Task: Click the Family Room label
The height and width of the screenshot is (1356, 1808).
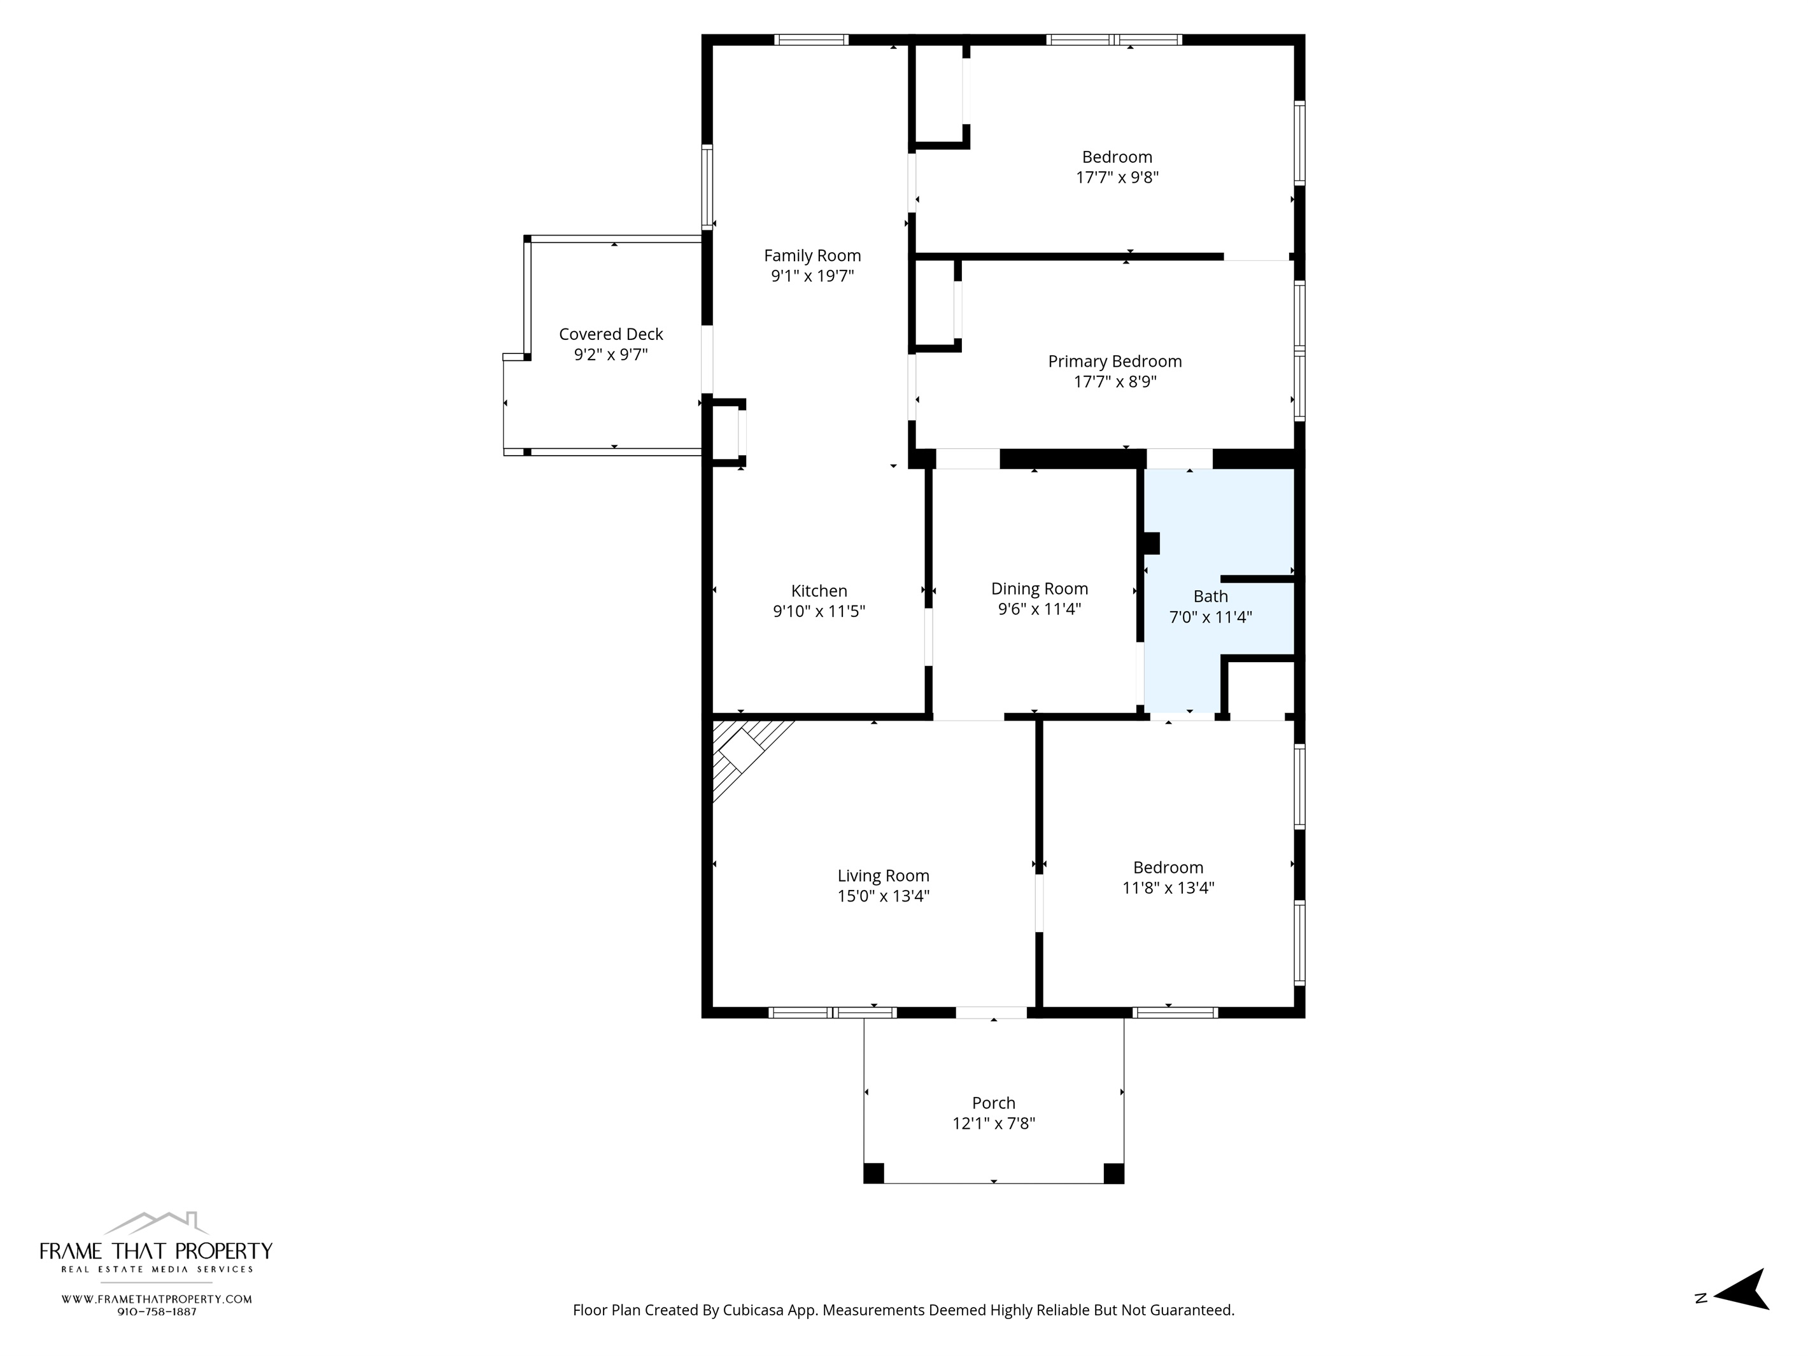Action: tap(812, 256)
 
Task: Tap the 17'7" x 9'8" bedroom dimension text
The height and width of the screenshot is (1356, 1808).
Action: tap(1117, 178)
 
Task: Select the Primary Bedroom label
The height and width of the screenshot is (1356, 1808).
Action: tap(1115, 361)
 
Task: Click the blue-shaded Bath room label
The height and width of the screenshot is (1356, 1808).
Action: tap(1210, 597)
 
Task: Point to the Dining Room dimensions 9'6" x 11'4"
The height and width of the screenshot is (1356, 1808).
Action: tap(1039, 609)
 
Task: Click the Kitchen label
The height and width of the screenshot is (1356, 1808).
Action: tap(819, 591)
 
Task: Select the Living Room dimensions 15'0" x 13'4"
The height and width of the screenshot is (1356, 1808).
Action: tap(883, 896)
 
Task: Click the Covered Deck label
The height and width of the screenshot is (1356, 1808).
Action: tap(611, 334)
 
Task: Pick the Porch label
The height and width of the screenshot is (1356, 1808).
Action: tap(993, 1103)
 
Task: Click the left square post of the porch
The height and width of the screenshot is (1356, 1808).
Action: tap(873, 1173)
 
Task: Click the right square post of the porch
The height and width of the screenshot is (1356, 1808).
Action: tap(1113, 1173)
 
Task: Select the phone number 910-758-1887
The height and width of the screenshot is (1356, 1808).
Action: tap(157, 1312)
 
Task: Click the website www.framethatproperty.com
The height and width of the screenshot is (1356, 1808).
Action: tap(157, 1299)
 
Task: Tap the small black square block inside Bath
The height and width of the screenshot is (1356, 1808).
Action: tap(1151, 544)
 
